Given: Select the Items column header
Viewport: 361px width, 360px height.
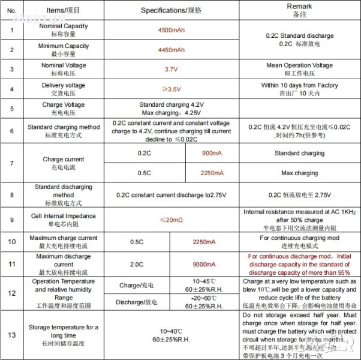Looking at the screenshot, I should pos(63,11).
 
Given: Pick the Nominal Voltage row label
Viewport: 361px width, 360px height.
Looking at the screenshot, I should pos(63,69).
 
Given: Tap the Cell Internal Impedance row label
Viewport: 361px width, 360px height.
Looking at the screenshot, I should pos(63,220).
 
